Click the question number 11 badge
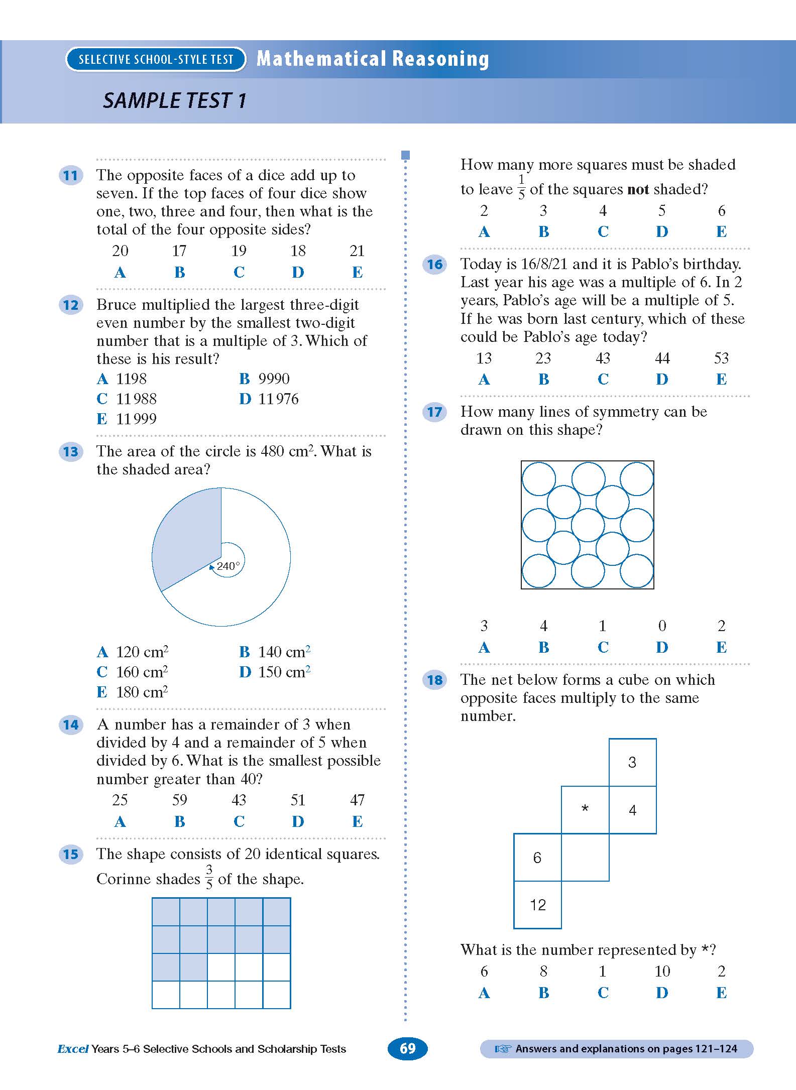[71, 175]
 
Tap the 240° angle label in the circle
[229, 566]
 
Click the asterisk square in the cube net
[585, 809]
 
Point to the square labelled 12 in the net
[537, 905]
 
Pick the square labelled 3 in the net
[632, 762]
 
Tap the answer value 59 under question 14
[179, 800]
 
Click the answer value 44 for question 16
[662, 358]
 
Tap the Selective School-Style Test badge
[156, 59]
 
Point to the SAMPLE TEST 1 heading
[174, 100]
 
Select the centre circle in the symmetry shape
[588, 525]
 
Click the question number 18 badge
[435, 680]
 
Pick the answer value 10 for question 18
[662, 971]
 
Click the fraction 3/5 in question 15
[209, 877]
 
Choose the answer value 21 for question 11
[357, 251]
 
